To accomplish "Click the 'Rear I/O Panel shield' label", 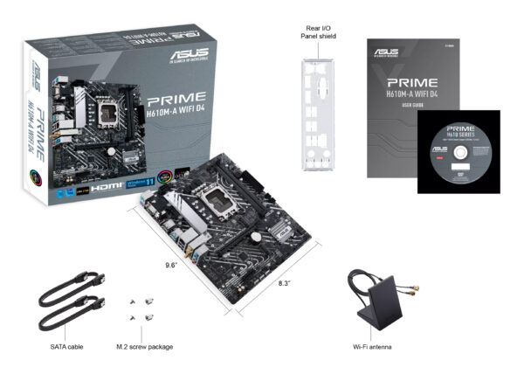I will pyautogui.click(x=319, y=31).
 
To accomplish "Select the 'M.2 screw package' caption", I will pyautogui.click(x=145, y=346).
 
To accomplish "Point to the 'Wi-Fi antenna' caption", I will pyautogui.click(x=371, y=346).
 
